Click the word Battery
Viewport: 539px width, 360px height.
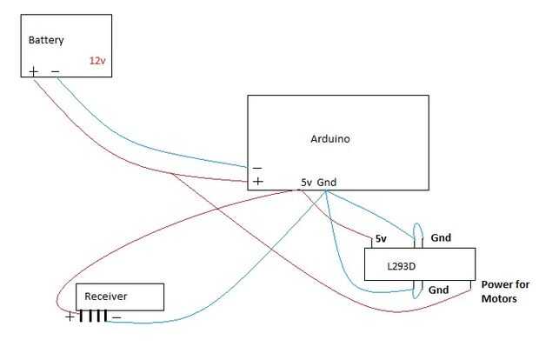(x=46, y=40)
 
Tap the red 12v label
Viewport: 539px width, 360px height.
(x=96, y=61)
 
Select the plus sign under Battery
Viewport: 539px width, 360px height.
(x=34, y=71)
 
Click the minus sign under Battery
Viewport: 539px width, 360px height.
(x=55, y=71)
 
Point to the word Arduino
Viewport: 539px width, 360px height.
(x=330, y=138)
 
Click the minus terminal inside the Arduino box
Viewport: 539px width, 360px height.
(x=257, y=167)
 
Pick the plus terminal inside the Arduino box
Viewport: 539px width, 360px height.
(x=257, y=182)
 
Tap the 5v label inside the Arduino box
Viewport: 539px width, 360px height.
(x=306, y=182)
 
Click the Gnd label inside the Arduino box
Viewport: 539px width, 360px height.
(x=327, y=182)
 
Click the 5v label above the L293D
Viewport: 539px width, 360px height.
(x=380, y=238)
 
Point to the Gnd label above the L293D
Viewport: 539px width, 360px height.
(x=441, y=237)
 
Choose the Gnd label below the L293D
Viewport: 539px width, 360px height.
(x=439, y=290)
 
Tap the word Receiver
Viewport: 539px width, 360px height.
(x=106, y=297)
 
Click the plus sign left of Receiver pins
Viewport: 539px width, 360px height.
(x=70, y=317)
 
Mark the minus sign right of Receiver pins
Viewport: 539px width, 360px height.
(x=116, y=317)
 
